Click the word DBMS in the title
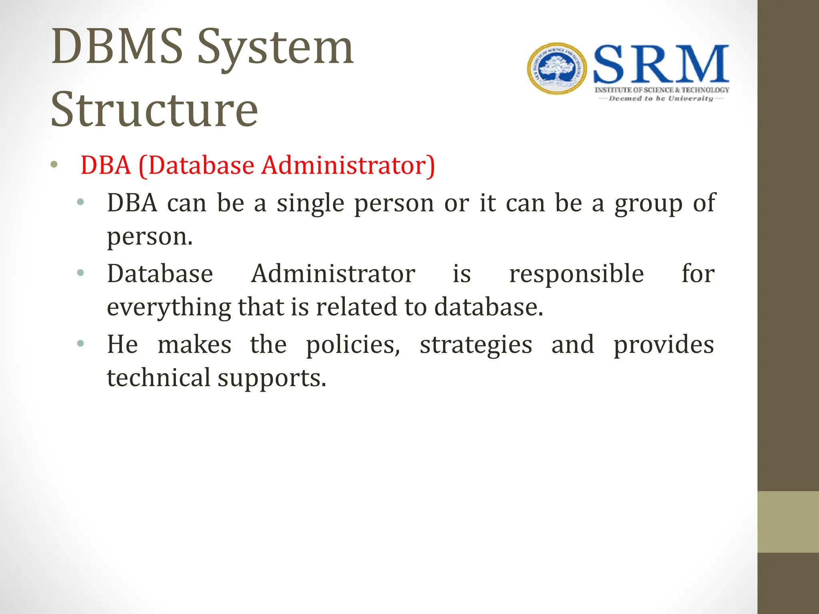click(x=117, y=47)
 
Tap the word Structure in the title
click(x=154, y=110)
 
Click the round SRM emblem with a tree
click(x=557, y=69)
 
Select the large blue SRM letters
click(x=661, y=64)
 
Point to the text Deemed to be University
click(x=661, y=98)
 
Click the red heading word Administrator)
click(x=348, y=165)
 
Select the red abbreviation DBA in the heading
click(x=106, y=165)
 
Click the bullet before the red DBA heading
click(x=54, y=164)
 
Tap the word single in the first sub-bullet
click(x=310, y=203)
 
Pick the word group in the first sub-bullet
click(x=648, y=203)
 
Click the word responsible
click(x=576, y=274)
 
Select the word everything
click(x=169, y=307)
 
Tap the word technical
click(x=158, y=378)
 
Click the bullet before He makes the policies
click(x=80, y=343)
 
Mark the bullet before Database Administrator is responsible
click(x=80, y=273)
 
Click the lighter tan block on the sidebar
click(x=788, y=522)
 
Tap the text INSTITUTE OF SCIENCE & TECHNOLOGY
click(x=662, y=90)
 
